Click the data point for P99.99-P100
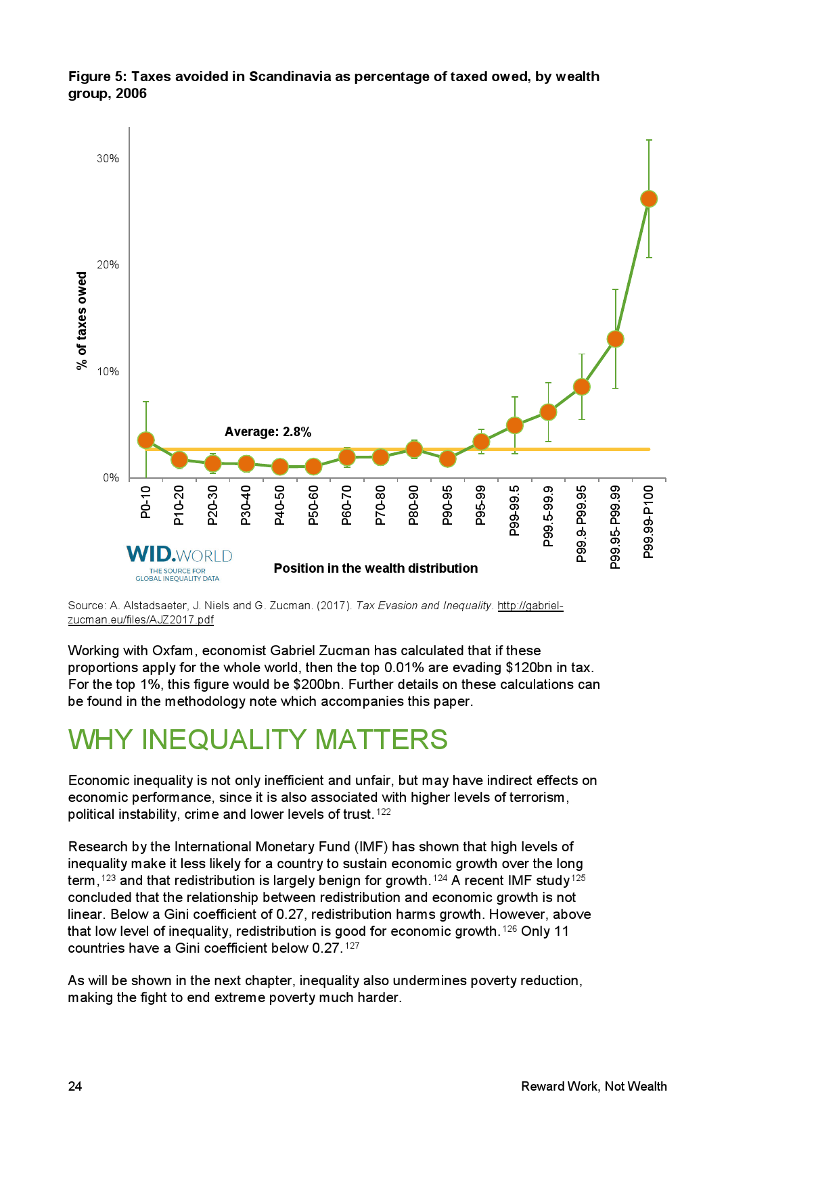pos(648,199)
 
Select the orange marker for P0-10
pos(145,440)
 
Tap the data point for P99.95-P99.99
pos(615,339)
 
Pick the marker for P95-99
pos(481,442)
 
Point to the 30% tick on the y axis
pos(108,159)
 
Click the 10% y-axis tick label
pos(108,372)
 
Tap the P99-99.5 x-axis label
pos(514,511)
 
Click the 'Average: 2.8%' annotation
pos(268,432)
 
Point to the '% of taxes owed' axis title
pos(82,321)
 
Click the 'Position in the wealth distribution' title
pos(376,569)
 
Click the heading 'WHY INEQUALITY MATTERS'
pos(258,740)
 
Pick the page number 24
pos(75,1087)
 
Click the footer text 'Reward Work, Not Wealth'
pos(593,1087)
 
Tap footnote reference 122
pos(384,812)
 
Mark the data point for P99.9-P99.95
pos(581,387)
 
